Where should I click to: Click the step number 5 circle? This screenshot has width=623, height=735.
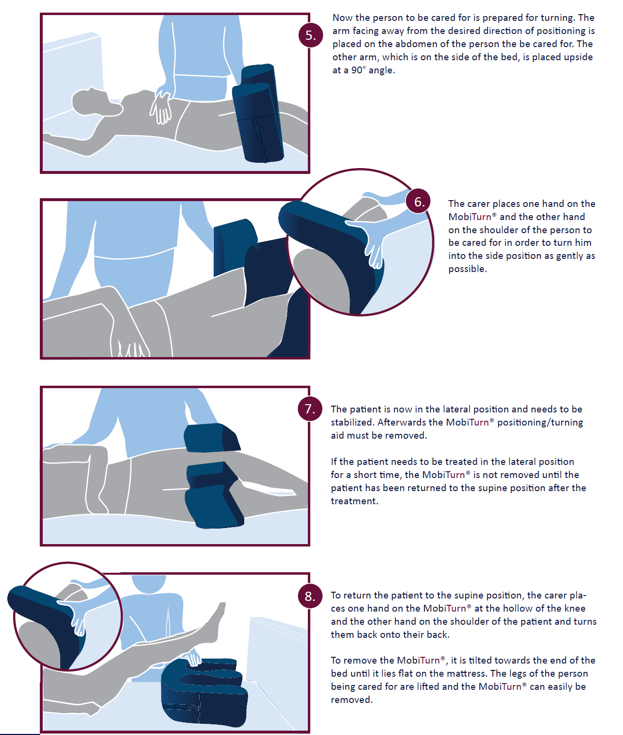click(x=311, y=35)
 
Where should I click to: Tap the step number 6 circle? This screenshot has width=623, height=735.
click(x=418, y=201)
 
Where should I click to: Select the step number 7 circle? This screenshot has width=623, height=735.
click(x=310, y=409)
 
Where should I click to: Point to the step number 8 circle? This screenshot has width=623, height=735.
click(x=310, y=596)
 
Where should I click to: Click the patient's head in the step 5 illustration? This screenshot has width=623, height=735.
click(x=92, y=102)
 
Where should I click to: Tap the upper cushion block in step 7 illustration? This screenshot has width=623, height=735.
click(x=212, y=437)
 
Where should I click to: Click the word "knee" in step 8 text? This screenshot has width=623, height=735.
click(x=575, y=608)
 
